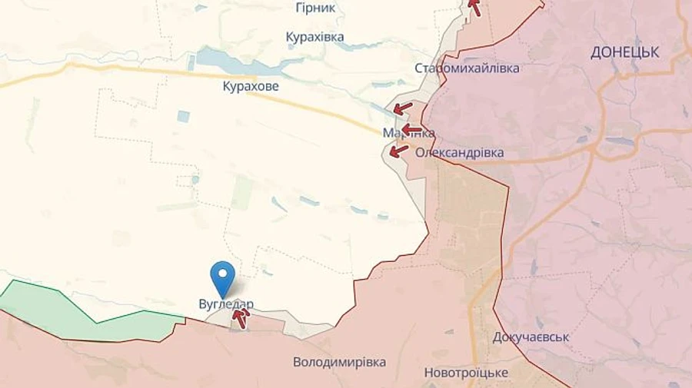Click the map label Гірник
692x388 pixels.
(x=315, y=8)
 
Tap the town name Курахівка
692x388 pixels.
(x=314, y=37)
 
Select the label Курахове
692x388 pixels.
(x=251, y=86)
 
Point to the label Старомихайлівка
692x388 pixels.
(x=467, y=68)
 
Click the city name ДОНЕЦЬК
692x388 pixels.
(x=625, y=52)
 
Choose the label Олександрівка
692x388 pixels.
(x=460, y=152)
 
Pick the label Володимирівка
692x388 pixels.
(x=339, y=361)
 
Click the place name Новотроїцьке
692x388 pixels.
(x=466, y=373)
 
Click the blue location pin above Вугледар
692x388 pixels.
(x=223, y=276)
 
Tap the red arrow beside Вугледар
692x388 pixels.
(x=241, y=313)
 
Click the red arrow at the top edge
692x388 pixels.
(x=475, y=7)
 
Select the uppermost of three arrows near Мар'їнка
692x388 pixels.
(x=403, y=108)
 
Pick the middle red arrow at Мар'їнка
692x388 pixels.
(x=413, y=129)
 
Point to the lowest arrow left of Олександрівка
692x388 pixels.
(x=398, y=150)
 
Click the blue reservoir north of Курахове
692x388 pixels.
(x=231, y=60)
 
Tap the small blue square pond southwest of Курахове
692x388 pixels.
(x=183, y=116)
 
